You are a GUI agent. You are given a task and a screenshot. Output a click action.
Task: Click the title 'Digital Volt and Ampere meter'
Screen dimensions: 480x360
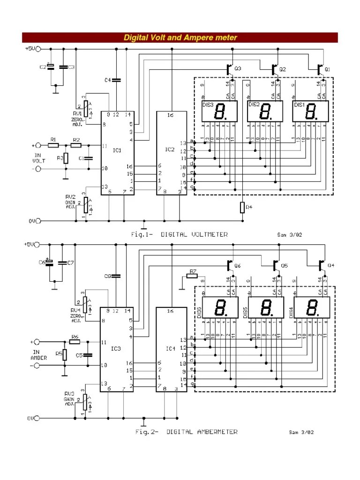180,37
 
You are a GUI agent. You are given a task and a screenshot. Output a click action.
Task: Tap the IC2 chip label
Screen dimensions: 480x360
169,150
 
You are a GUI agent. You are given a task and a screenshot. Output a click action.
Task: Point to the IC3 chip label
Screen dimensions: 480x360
116,348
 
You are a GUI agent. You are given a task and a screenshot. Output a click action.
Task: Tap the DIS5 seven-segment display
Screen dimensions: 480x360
265,308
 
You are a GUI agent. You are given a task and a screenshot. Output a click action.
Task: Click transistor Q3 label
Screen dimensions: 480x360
238,69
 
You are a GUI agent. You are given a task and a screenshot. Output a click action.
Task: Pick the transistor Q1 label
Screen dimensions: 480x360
328,69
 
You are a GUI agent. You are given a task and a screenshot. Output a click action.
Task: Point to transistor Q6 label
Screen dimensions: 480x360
238,266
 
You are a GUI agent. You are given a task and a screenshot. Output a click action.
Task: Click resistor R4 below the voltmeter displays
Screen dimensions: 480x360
242,207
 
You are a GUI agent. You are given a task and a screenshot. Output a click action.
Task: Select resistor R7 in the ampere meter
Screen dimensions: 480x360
192,276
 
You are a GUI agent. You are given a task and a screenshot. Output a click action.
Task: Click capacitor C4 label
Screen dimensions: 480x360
107,80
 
